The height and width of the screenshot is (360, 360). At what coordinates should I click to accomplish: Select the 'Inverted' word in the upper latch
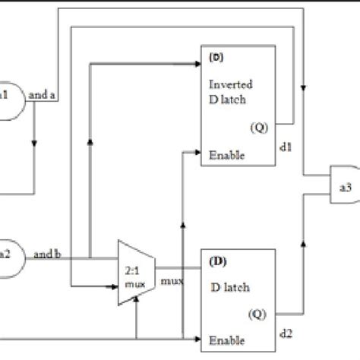[226, 84]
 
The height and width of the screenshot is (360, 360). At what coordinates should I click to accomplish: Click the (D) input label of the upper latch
[215, 58]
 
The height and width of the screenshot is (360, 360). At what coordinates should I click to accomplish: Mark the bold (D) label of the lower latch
[216, 261]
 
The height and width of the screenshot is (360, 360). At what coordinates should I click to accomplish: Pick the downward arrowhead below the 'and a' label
[35, 142]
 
